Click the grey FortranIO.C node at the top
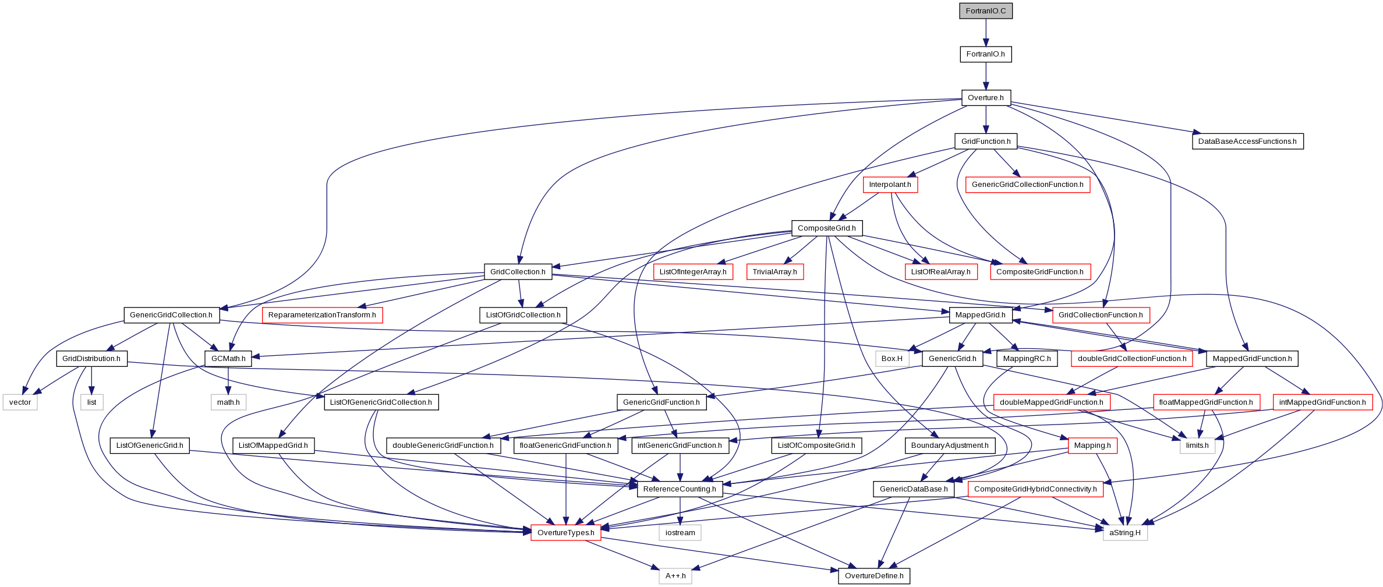point(986,11)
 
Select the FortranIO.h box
point(986,54)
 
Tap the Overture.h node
point(986,98)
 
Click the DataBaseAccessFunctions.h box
point(1247,142)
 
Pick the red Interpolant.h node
point(890,185)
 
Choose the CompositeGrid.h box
point(827,228)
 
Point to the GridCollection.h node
point(518,272)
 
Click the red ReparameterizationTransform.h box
point(322,315)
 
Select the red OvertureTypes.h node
point(566,533)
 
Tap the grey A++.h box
point(675,576)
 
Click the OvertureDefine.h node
point(874,576)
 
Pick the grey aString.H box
point(1125,533)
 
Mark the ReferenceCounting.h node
point(680,489)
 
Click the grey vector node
point(20,402)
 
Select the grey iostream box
point(680,533)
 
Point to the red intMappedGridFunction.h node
point(1322,402)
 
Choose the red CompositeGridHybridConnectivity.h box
point(1035,489)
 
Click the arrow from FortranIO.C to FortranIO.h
point(986,33)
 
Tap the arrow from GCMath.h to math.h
point(228,380)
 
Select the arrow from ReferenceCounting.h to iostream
point(680,511)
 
